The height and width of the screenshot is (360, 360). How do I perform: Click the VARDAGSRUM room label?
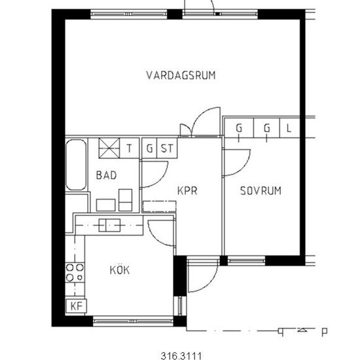[x=181, y=75]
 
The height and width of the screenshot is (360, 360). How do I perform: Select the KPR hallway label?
[x=187, y=191]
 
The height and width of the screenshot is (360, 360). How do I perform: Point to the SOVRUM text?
[x=260, y=191]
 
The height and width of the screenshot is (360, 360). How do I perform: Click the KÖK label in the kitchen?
[x=119, y=270]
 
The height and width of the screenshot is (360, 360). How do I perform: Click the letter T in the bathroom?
[x=130, y=148]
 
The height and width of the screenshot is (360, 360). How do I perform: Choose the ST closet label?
[x=168, y=148]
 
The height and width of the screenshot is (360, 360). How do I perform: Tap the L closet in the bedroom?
[x=289, y=128]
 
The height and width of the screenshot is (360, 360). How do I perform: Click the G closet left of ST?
[x=150, y=148]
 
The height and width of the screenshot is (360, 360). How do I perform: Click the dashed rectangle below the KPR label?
[x=159, y=206]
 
